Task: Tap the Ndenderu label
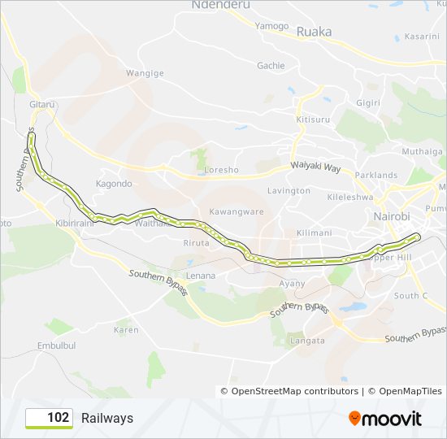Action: pyautogui.click(x=219, y=5)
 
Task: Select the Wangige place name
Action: pyautogui.click(x=145, y=73)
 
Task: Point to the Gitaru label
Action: pyautogui.click(x=41, y=105)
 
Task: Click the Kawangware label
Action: pyautogui.click(x=237, y=211)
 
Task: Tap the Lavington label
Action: pyautogui.click(x=289, y=191)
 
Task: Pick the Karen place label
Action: pyautogui.click(x=126, y=330)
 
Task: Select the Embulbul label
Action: pyautogui.click(x=56, y=346)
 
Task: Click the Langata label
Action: pyautogui.click(x=307, y=341)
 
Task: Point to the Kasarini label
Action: pyautogui.click(x=422, y=37)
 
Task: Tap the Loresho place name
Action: pyautogui.click(x=221, y=171)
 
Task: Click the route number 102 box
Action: pyautogui.click(x=50, y=418)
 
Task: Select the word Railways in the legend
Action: pyautogui.click(x=107, y=418)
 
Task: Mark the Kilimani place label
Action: pyautogui.click(x=314, y=233)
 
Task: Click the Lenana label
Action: pyautogui.click(x=201, y=276)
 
